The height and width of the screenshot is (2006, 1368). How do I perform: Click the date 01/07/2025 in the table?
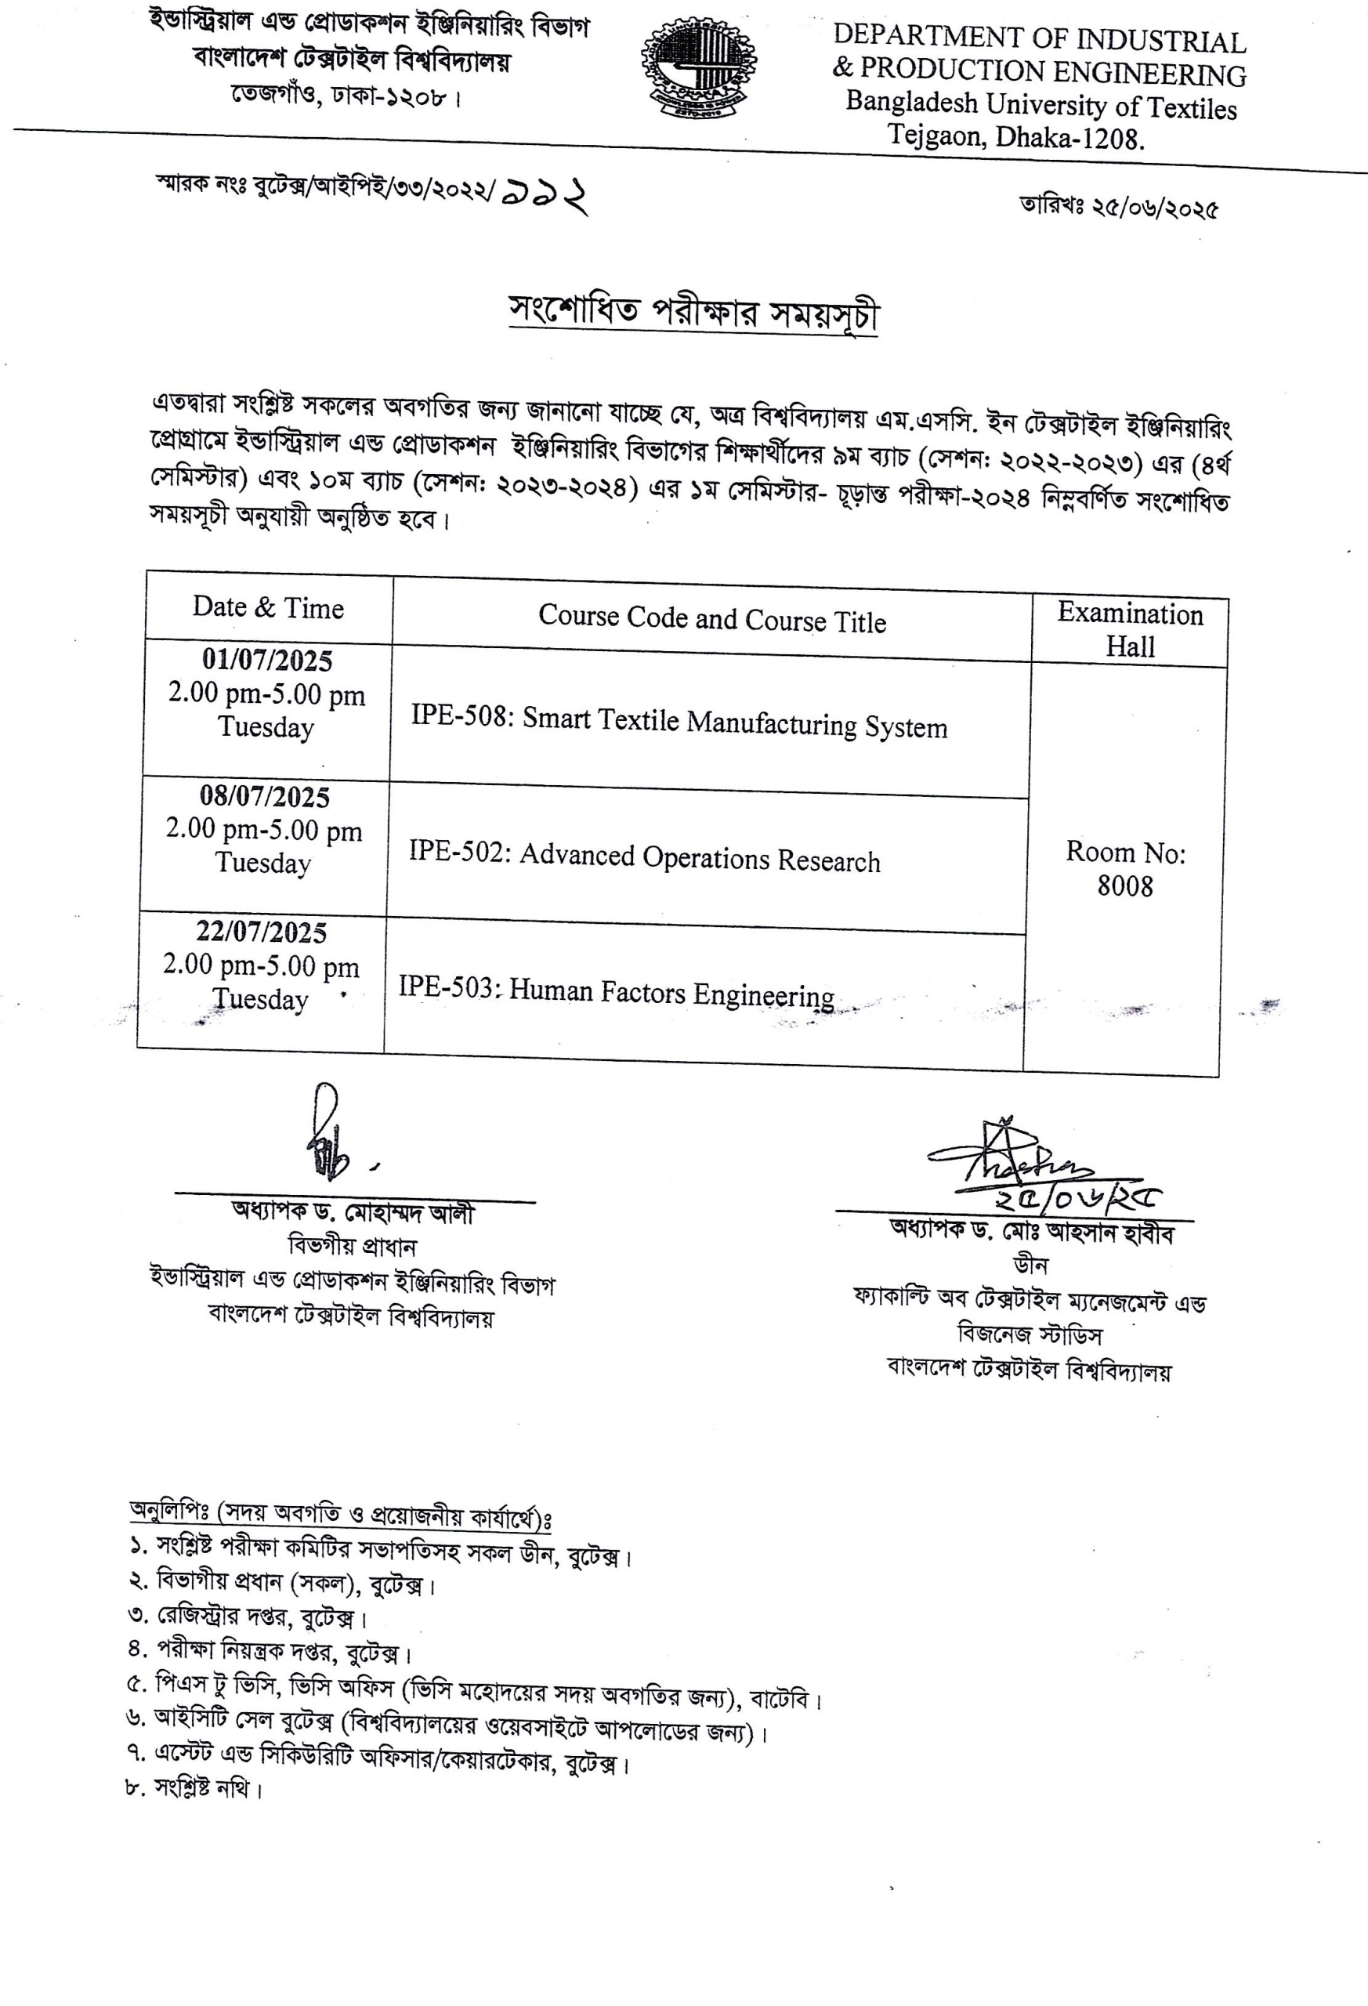(266, 661)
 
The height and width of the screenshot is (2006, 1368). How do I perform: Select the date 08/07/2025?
(264, 796)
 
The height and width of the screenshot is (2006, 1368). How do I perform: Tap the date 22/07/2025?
(261, 932)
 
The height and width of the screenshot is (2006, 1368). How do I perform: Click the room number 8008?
(1124, 885)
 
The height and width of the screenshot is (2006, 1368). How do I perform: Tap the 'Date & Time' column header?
(267, 607)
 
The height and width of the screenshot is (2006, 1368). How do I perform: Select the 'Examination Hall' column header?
(1130, 630)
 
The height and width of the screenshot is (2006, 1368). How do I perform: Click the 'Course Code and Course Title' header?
(712, 619)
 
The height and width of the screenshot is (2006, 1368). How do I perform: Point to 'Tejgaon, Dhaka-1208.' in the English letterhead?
(1016, 136)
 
